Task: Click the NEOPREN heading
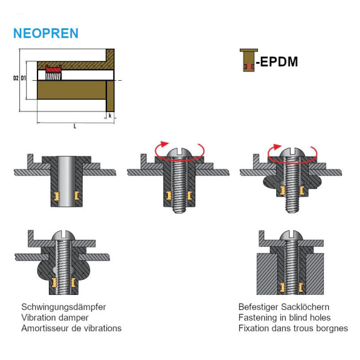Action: pyautogui.click(x=46, y=33)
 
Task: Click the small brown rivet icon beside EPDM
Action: pyautogui.click(x=246, y=60)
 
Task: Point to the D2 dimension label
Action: pyautogui.click(x=16, y=79)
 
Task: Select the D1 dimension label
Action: pyautogui.click(x=24, y=79)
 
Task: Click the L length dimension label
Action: pyautogui.click(x=75, y=126)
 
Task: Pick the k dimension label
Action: pyautogui.click(x=110, y=116)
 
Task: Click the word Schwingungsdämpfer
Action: pyautogui.click(x=63, y=307)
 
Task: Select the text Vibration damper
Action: pyautogui.click(x=55, y=317)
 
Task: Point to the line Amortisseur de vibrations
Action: pyautogui.click(x=71, y=328)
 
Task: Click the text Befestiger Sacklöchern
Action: pyautogui.click(x=284, y=307)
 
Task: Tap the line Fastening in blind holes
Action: pyautogui.click(x=284, y=317)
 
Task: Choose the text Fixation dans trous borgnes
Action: pyautogui.click(x=293, y=328)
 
